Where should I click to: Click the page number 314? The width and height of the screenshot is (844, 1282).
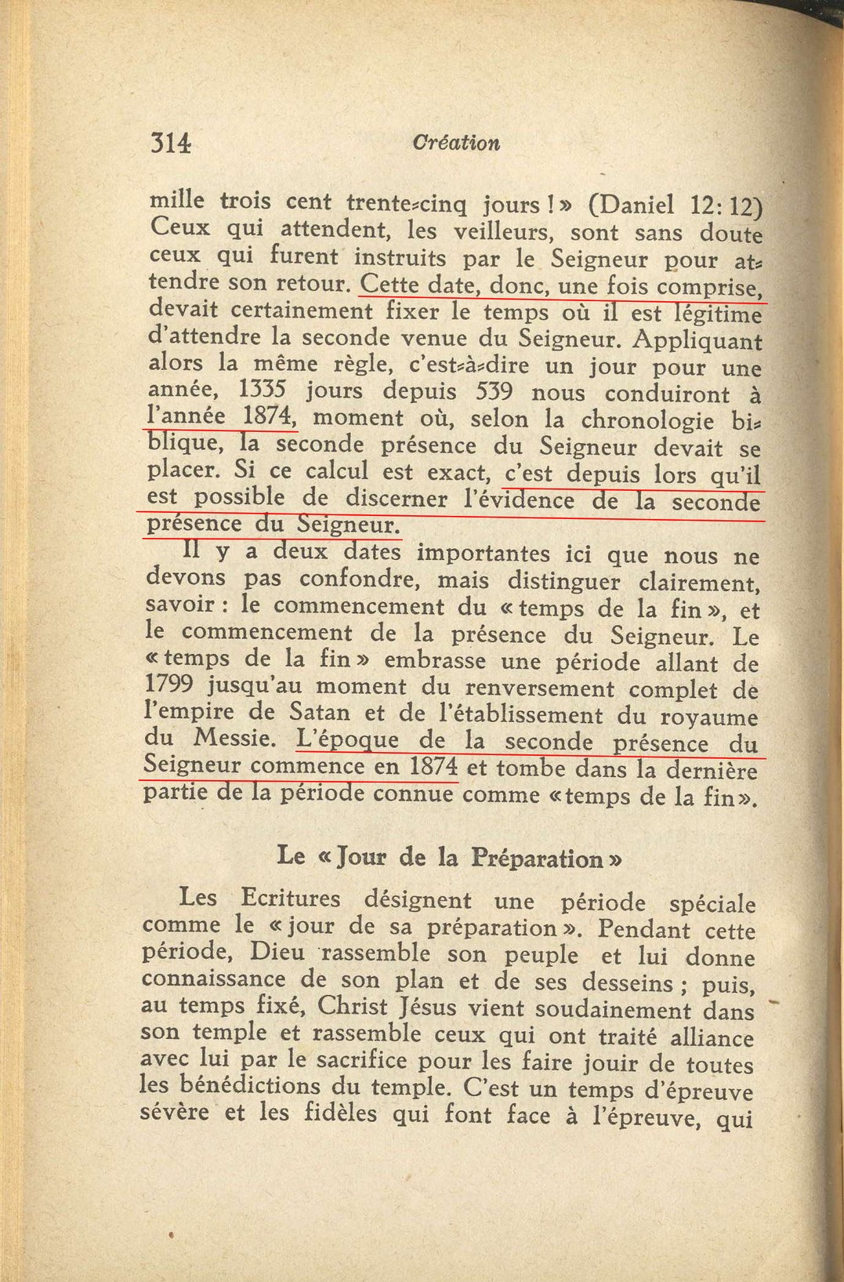coord(170,142)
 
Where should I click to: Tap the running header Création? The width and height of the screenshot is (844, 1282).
coord(455,143)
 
